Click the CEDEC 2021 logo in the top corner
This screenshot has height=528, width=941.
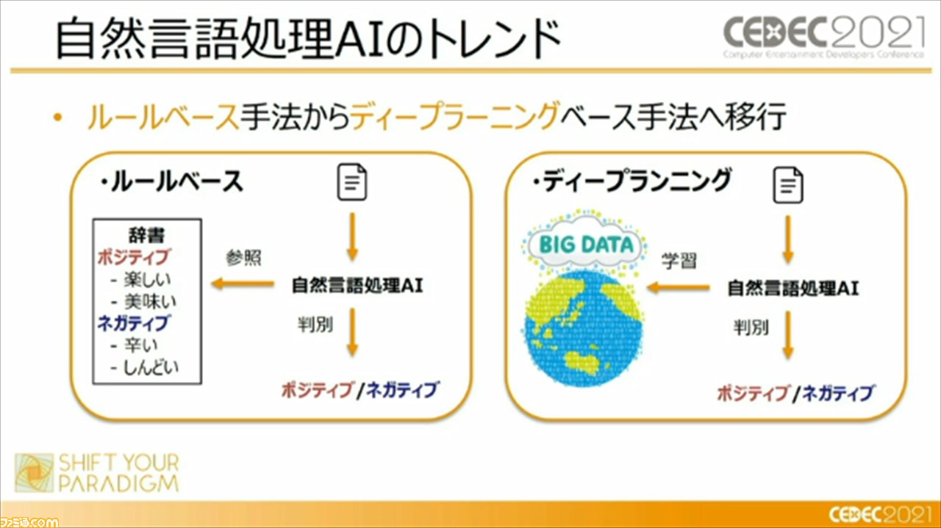point(823,37)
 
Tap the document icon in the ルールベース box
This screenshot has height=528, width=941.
point(352,182)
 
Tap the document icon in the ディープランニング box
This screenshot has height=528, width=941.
point(788,186)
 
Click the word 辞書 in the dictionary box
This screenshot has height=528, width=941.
point(147,236)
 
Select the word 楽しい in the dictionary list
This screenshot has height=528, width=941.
point(147,280)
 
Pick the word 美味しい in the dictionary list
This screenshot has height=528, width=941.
point(150,302)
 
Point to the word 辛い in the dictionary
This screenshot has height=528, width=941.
point(141,345)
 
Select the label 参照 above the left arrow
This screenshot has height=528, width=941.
point(243,258)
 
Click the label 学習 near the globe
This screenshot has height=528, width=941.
point(679,261)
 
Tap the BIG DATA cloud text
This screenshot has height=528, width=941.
point(586,245)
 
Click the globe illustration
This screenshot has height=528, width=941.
point(584,328)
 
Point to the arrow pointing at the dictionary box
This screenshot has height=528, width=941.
point(243,283)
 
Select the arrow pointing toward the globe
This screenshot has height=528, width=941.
point(678,288)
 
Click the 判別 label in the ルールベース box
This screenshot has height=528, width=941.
point(315,325)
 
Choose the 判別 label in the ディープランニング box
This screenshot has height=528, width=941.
point(751,328)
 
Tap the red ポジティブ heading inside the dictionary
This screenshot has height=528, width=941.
point(134,257)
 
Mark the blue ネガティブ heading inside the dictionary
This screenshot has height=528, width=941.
point(133,323)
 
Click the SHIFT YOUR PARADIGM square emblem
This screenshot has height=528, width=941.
point(35,473)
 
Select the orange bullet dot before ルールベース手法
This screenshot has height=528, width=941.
point(57,118)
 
